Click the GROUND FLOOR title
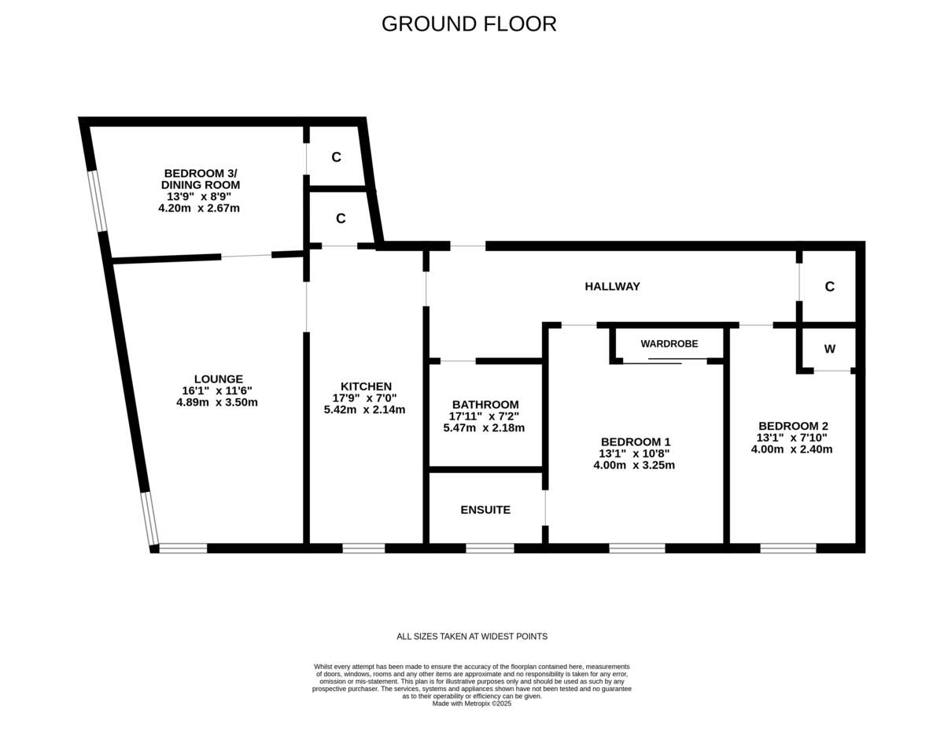click(469, 24)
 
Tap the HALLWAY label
click(612, 286)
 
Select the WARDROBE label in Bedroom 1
click(669, 344)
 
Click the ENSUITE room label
click(485, 509)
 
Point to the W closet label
click(829, 349)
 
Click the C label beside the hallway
click(829, 286)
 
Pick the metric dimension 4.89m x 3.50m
click(217, 402)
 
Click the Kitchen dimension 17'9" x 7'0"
click(364, 398)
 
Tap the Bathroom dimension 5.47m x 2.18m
click(484, 427)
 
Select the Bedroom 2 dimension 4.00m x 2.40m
click(792, 449)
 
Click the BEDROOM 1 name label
click(636, 442)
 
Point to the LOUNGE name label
click(219, 379)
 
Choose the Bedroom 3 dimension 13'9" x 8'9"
click(199, 196)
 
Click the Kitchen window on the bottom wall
click(363, 548)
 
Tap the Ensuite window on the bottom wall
click(489, 548)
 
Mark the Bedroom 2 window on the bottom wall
click(788, 548)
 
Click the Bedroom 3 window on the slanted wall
click(97, 201)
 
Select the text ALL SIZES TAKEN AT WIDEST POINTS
click(472, 637)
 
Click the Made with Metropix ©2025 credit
click(472, 704)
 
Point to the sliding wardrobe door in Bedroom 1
click(665, 361)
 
